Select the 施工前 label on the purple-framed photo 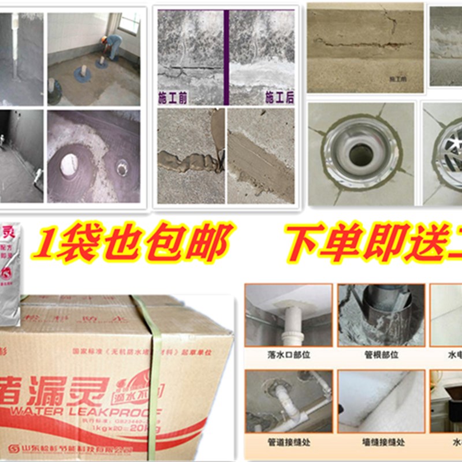[174, 97]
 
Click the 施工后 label [279, 97]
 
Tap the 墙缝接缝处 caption [379, 442]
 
